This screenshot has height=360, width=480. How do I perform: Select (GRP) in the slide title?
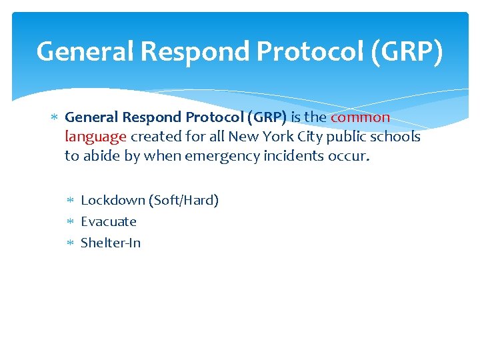(407, 52)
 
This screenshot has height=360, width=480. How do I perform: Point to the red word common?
(360, 117)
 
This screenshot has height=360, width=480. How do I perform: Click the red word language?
(95, 137)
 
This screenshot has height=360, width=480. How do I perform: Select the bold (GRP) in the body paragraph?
(267, 117)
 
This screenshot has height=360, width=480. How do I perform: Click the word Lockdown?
(112, 200)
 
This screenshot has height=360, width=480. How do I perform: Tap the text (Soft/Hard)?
(183, 200)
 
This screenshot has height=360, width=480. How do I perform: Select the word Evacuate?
(109, 221)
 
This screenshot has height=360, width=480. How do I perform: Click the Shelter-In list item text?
(111, 243)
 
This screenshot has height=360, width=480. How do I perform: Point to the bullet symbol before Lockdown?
(72, 201)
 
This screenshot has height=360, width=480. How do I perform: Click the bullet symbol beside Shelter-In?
(72, 243)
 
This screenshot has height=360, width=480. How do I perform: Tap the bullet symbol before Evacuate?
(72, 222)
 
